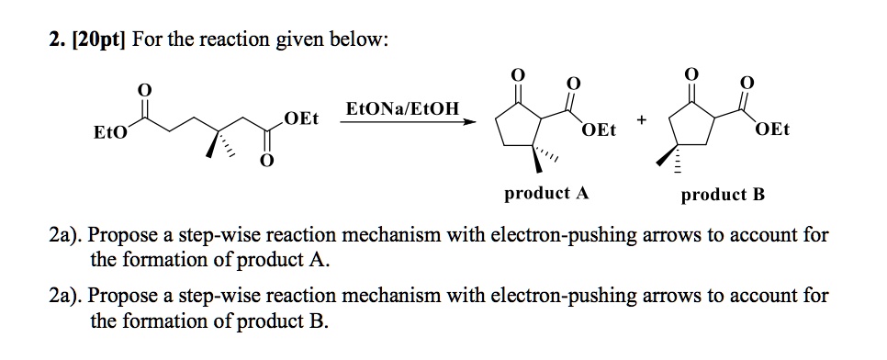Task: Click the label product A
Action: [x=546, y=194]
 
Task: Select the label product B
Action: [x=723, y=195]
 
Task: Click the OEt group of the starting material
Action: [x=301, y=118]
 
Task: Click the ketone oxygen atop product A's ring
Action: [x=517, y=74]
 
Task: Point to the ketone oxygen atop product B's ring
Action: [x=691, y=74]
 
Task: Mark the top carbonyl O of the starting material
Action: [x=143, y=89]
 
